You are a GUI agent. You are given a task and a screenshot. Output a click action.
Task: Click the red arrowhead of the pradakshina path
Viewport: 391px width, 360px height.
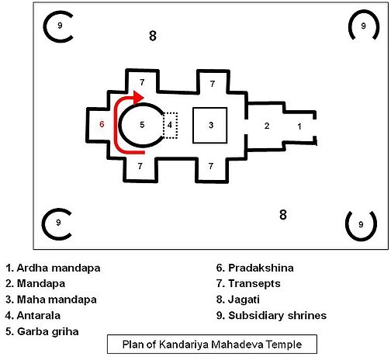point(138,97)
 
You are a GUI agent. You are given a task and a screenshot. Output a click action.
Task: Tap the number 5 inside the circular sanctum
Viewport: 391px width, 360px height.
point(142,125)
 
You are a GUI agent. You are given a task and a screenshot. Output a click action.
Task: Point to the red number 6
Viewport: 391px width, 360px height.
point(102,124)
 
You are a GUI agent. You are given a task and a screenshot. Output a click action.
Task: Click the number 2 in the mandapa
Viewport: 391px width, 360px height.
point(267,126)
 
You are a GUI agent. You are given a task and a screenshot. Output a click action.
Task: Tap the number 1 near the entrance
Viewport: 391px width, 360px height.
point(299,126)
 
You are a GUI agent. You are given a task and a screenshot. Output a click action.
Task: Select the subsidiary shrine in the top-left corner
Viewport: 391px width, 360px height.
point(44,26)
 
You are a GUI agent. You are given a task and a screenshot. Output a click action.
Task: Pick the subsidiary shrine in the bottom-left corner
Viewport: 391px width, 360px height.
point(43,224)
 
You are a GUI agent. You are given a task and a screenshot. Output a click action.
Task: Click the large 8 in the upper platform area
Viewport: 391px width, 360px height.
point(153,36)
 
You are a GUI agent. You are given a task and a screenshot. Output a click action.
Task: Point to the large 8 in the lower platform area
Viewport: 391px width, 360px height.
point(283,215)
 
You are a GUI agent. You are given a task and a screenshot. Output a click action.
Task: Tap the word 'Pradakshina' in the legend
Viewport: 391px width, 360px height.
point(261,268)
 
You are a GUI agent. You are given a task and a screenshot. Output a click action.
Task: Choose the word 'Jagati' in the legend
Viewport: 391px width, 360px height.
point(244,299)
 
